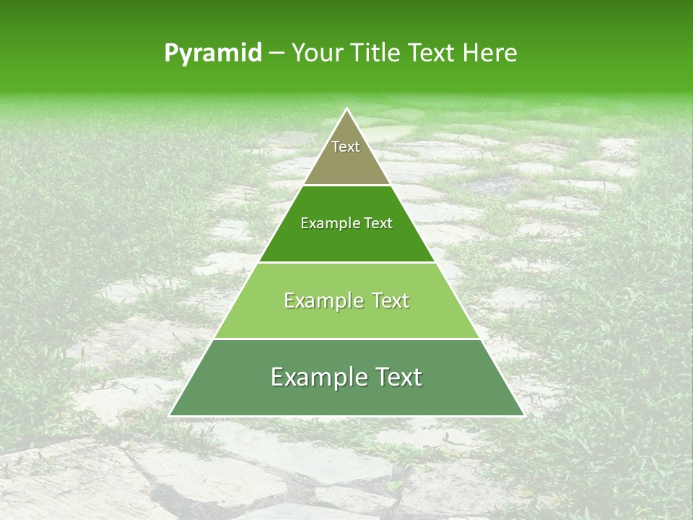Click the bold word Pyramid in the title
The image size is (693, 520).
212,53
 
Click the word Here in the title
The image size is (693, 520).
490,53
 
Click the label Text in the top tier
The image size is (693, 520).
346,147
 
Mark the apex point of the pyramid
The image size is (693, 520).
347,109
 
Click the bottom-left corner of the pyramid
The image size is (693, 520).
170,415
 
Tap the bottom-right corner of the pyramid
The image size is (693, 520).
523,415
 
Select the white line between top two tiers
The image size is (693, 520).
346,185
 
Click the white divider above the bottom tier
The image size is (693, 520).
346,339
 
